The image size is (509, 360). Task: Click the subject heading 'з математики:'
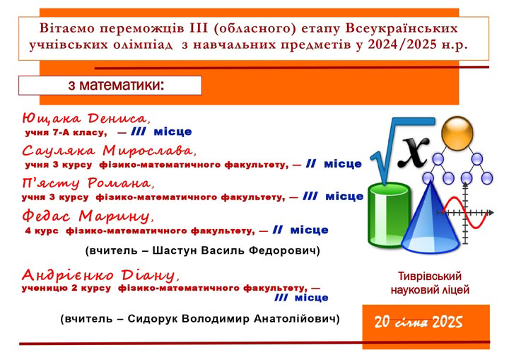coord(116,85)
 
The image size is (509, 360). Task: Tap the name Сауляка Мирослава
coord(109,151)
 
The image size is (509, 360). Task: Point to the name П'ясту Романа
coord(88,183)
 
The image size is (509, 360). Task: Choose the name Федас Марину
coord(88,216)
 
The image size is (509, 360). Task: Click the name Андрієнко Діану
coord(100,276)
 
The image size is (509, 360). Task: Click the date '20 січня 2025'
coord(419,322)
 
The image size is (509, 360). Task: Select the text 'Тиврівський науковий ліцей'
coord(430,283)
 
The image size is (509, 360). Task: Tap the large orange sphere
coord(457,133)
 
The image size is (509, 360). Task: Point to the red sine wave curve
coord(465,213)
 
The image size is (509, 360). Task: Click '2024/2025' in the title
coord(402,45)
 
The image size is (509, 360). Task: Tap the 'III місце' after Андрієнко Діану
coord(302,298)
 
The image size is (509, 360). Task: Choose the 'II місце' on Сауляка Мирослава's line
coord(334,164)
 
